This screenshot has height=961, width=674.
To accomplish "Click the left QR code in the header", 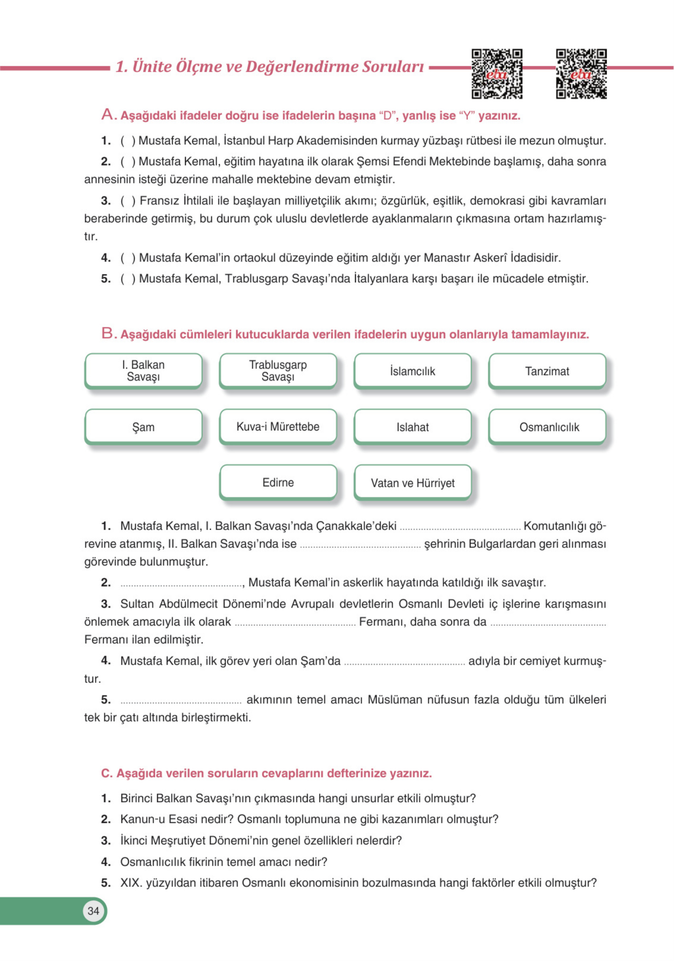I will click(496, 74).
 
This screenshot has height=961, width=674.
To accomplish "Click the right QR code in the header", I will click(581, 74).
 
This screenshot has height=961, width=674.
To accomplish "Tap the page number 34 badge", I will click(93, 911).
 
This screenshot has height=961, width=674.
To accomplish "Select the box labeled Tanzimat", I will click(547, 371).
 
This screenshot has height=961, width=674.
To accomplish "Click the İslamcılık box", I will click(412, 371).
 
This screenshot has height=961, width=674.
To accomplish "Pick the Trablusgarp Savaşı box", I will click(278, 371).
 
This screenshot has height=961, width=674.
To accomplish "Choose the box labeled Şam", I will click(143, 427).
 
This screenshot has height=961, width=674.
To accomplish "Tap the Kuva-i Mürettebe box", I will click(278, 427).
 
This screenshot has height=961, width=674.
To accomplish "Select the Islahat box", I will click(412, 427).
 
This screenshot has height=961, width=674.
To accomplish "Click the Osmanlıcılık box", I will click(547, 427).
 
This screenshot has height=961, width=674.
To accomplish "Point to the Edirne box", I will click(278, 482).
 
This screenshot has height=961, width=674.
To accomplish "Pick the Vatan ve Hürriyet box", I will click(412, 482).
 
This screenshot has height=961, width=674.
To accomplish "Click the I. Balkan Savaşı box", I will click(143, 371).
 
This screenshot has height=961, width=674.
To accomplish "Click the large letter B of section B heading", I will click(107, 333).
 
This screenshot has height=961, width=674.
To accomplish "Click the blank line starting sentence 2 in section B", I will click(181, 584).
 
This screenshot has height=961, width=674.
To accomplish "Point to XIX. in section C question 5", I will click(131, 883).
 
